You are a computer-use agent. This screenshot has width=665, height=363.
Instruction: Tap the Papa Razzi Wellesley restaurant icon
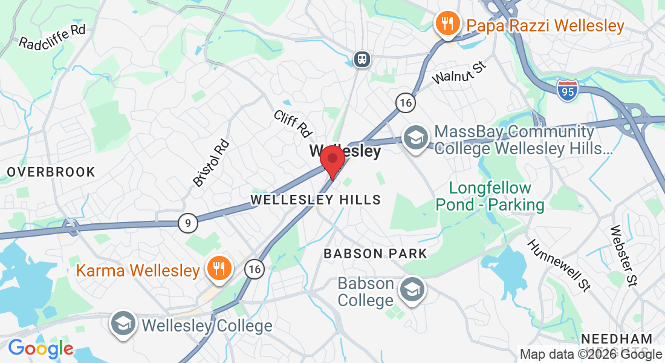point(447,25)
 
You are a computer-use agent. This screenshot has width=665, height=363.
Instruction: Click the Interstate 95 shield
point(568,89)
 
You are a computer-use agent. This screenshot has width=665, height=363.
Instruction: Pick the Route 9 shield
point(188,223)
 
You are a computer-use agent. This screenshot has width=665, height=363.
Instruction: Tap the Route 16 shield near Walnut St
point(406,102)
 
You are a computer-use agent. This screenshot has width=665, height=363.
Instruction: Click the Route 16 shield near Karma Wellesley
point(255,269)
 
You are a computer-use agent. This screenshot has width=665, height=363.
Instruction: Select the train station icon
point(362,59)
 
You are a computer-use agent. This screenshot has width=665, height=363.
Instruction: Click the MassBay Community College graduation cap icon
point(415,137)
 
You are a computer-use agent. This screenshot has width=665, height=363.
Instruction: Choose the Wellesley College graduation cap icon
point(123,325)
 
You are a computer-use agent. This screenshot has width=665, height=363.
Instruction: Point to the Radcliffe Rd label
point(53,37)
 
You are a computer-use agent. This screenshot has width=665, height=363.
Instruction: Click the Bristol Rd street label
point(211,162)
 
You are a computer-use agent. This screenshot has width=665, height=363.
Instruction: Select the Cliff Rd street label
point(293,123)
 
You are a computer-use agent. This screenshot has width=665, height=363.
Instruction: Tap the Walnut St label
point(459,72)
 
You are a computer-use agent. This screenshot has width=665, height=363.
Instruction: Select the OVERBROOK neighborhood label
point(51,172)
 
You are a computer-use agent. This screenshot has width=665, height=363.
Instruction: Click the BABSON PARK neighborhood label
point(375,253)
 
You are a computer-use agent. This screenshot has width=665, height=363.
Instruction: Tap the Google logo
point(41,348)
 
